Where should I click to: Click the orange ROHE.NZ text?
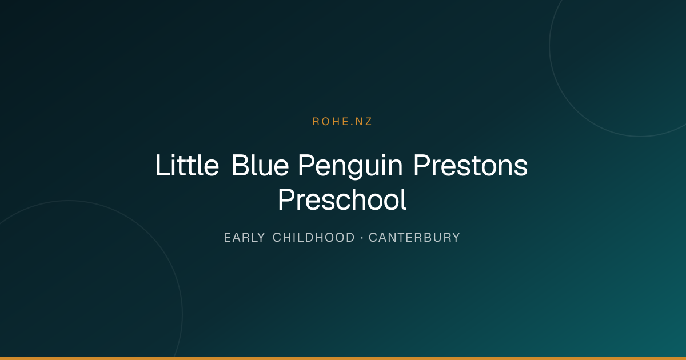pos(342,122)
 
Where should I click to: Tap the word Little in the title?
pos(188,165)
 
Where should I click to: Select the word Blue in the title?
pos(260,165)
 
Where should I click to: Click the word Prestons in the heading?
pos(470,165)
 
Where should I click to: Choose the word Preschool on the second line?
pos(342,199)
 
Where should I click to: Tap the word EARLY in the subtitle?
pos(244,238)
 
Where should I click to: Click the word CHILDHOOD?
pos(314,238)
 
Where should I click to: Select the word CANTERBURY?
pos(414,238)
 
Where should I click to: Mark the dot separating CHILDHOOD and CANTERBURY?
pos(362,238)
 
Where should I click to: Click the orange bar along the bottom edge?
pos(343,358)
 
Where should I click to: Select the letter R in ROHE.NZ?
pos(316,122)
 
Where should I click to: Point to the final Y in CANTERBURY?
pos(456,238)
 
